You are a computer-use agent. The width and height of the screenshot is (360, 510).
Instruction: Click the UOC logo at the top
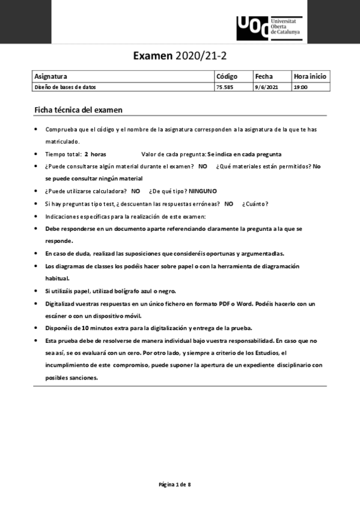269,28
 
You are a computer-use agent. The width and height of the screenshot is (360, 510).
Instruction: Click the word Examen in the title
153,57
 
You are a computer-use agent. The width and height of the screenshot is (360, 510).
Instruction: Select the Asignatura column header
50,76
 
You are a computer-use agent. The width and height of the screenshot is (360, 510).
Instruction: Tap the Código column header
227,76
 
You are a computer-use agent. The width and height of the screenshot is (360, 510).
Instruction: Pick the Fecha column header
264,76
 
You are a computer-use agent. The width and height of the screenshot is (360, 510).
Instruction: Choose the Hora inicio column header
310,76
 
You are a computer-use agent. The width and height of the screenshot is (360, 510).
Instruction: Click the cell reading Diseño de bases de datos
65,87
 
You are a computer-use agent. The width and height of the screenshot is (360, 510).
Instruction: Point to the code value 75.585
224,87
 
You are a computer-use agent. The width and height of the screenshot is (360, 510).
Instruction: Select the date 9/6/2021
266,87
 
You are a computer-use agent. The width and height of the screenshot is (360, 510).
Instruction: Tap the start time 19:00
301,87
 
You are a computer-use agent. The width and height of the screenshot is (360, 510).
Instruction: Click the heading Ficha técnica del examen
87,109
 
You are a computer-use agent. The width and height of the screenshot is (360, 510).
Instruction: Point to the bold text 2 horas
95,154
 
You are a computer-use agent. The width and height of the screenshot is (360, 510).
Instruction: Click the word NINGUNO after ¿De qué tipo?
203,191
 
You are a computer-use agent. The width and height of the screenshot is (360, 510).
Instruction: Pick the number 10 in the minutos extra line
85,328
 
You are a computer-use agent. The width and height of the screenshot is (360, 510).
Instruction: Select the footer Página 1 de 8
175,484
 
